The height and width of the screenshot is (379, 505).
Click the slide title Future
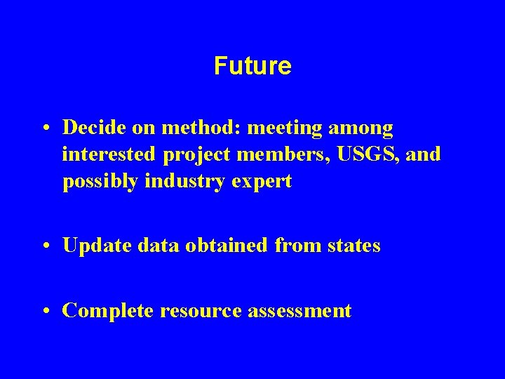[x=252, y=66]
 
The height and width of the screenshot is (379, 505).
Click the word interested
[x=112, y=154]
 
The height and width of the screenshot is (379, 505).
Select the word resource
[x=203, y=310]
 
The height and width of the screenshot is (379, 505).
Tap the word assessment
[x=300, y=310]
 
